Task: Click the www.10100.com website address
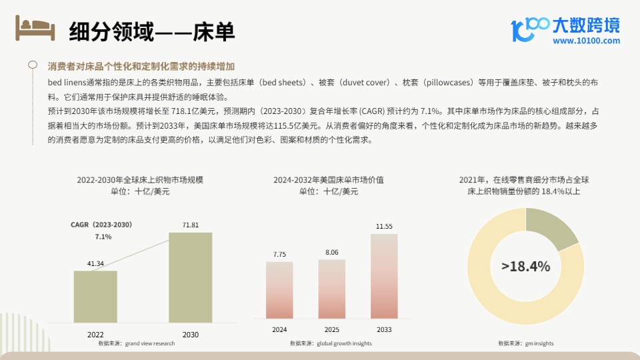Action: (586, 41)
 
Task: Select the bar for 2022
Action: (95, 297)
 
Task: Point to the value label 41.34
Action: (95, 264)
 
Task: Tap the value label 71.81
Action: (191, 225)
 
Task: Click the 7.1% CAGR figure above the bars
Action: (103, 237)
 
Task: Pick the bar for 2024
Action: (279, 290)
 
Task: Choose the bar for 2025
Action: (331, 289)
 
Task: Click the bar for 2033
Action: (384, 276)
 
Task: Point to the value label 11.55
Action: (384, 227)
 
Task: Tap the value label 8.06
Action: (331, 253)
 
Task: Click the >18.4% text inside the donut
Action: (525, 267)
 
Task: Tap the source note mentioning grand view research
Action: (136, 343)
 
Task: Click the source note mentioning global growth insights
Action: (331, 343)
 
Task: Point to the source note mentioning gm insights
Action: (525, 343)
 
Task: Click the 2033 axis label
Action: (384, 330)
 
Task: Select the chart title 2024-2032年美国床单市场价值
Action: (328, 180)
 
